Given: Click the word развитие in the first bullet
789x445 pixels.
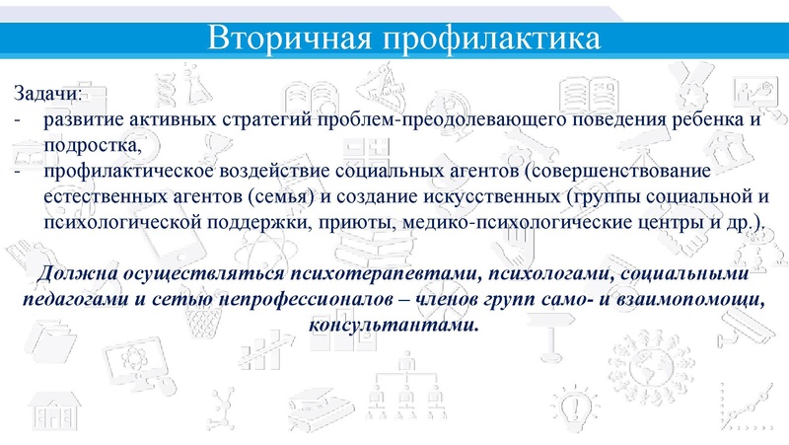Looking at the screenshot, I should [82, 121].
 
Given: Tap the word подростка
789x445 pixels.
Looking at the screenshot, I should [94, 145].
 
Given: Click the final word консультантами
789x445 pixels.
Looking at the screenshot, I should [394, 324].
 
